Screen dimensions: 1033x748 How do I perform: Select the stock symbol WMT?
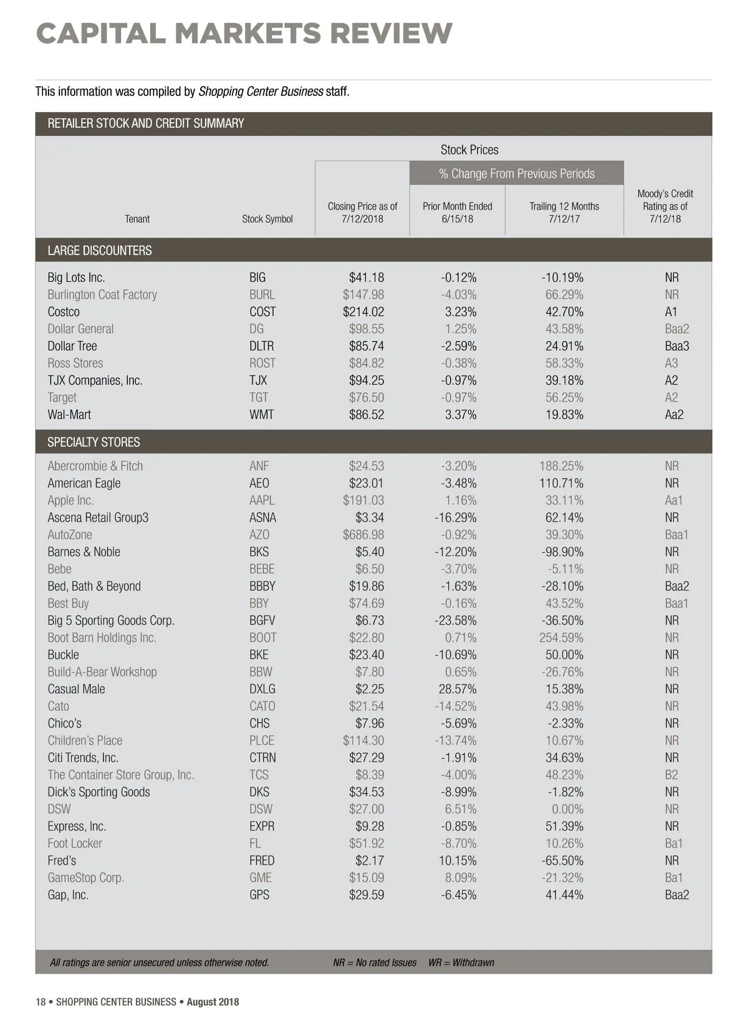coord(261,415)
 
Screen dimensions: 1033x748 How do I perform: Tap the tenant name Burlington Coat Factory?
coord(102,295)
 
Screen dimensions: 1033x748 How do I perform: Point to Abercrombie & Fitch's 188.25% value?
coord(561,466)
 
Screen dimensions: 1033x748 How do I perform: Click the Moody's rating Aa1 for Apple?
coord(673,501)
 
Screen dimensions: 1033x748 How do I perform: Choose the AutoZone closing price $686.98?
coord(363,535)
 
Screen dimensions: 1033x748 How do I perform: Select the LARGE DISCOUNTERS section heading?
coord(100,251)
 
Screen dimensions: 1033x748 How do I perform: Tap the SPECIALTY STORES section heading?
coord(93,443)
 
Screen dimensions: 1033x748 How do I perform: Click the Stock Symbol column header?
coord(267,219)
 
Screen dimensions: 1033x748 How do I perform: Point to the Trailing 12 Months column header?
coord(564,213)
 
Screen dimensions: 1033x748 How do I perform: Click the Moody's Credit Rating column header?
coord(664,206)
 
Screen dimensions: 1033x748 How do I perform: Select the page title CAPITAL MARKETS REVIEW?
coord(244,34)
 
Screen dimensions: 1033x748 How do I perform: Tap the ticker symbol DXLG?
coord(262,689)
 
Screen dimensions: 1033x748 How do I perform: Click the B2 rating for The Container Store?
coord(671,775)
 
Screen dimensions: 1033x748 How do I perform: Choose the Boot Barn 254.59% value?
coord(561,638)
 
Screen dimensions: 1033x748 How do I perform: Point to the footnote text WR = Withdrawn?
coord(461,963)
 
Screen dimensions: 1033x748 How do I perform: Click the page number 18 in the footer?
coord(41,1002)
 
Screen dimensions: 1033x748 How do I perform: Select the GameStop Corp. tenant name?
coord(85,878)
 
